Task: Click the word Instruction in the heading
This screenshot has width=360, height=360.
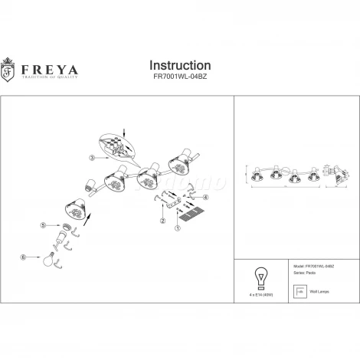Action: (179, 65)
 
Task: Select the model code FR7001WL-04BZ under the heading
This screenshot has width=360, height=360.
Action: (179, 78)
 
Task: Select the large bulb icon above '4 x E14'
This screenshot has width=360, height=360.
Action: (260, 277)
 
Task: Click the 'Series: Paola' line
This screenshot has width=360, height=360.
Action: (297, 274)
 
